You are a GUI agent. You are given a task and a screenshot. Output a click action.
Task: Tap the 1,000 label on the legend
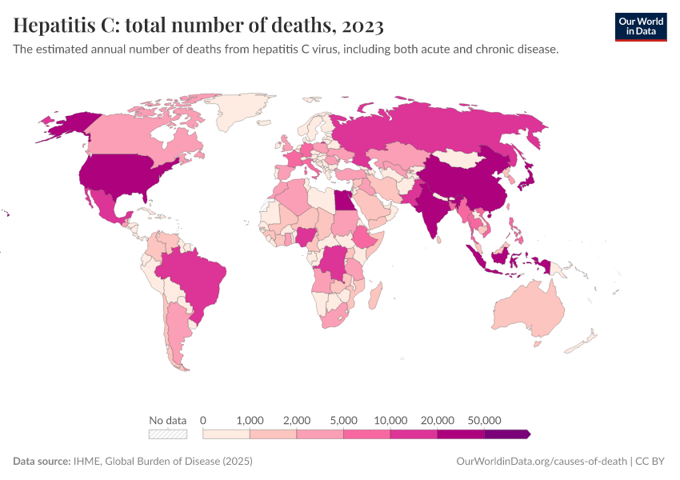(x=250, y=420)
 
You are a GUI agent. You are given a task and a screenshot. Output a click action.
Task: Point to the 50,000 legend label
(x=485, y=420)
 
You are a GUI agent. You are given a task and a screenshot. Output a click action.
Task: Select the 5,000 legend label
(x=344, y=420)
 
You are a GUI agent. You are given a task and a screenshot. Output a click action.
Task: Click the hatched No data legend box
(x=168, y=434)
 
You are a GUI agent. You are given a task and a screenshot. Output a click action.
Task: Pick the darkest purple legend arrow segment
(x=507, y=434)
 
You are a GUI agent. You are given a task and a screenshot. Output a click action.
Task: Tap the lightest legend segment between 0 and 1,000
(x=226, y=434)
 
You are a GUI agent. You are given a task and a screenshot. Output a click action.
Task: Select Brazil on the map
(x=196, y=276)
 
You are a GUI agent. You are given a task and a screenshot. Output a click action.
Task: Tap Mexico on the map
(x=104, y=203)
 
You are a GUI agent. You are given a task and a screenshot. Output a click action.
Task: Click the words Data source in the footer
(x=42, y=462)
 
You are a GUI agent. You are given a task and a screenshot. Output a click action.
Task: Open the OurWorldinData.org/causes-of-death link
(x=541, y=462)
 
